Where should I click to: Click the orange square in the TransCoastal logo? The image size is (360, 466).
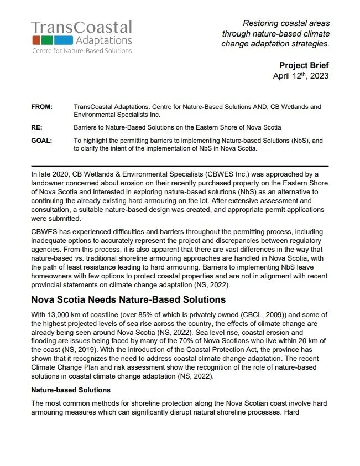pos(35,40)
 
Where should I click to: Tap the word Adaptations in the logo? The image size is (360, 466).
pos(104,40)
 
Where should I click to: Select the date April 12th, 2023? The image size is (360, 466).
pos(301,76)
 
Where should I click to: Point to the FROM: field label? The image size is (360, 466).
pos(42,106)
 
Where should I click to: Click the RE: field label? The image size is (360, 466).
pos(36,127)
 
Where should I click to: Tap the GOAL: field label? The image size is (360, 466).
pos(41,141)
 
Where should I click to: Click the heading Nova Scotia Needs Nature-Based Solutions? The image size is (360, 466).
pos(128,299)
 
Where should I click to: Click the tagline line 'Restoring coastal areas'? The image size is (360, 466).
pos(286,23)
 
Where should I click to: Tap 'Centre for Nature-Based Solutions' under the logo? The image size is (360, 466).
pos(81,51)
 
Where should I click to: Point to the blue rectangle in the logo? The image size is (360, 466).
pos(65,40)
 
